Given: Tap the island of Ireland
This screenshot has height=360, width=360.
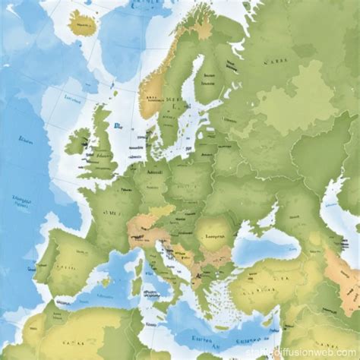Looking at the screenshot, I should click(78, 141).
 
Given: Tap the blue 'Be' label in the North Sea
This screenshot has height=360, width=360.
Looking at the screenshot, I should click(117, 127).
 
